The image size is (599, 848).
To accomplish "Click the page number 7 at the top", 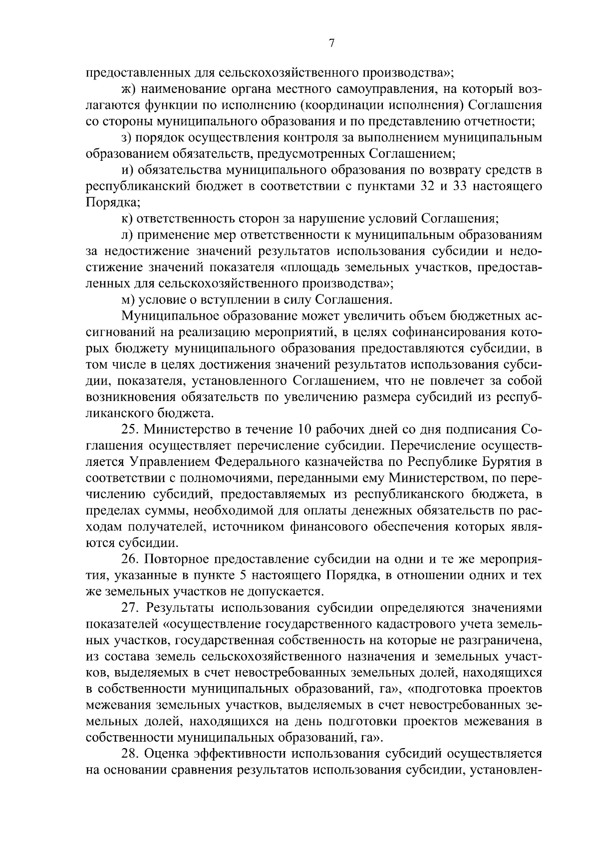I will click(x=331, y=44).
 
